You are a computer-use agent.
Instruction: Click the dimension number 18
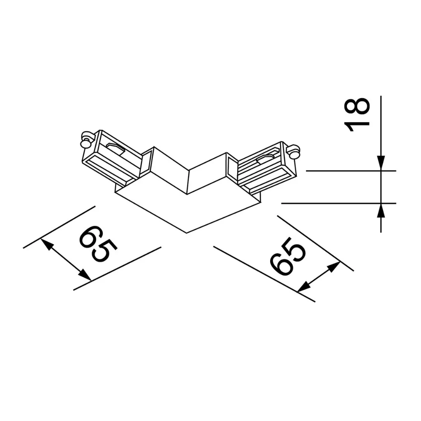(357, 115)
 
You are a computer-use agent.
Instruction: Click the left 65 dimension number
(98, 244)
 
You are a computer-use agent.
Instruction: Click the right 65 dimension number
(288, 256)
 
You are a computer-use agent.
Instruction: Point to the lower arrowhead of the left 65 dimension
(85, 275)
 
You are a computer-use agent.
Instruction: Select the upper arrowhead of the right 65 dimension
(334, 267)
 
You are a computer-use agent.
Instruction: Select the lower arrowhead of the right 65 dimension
(304, 287)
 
